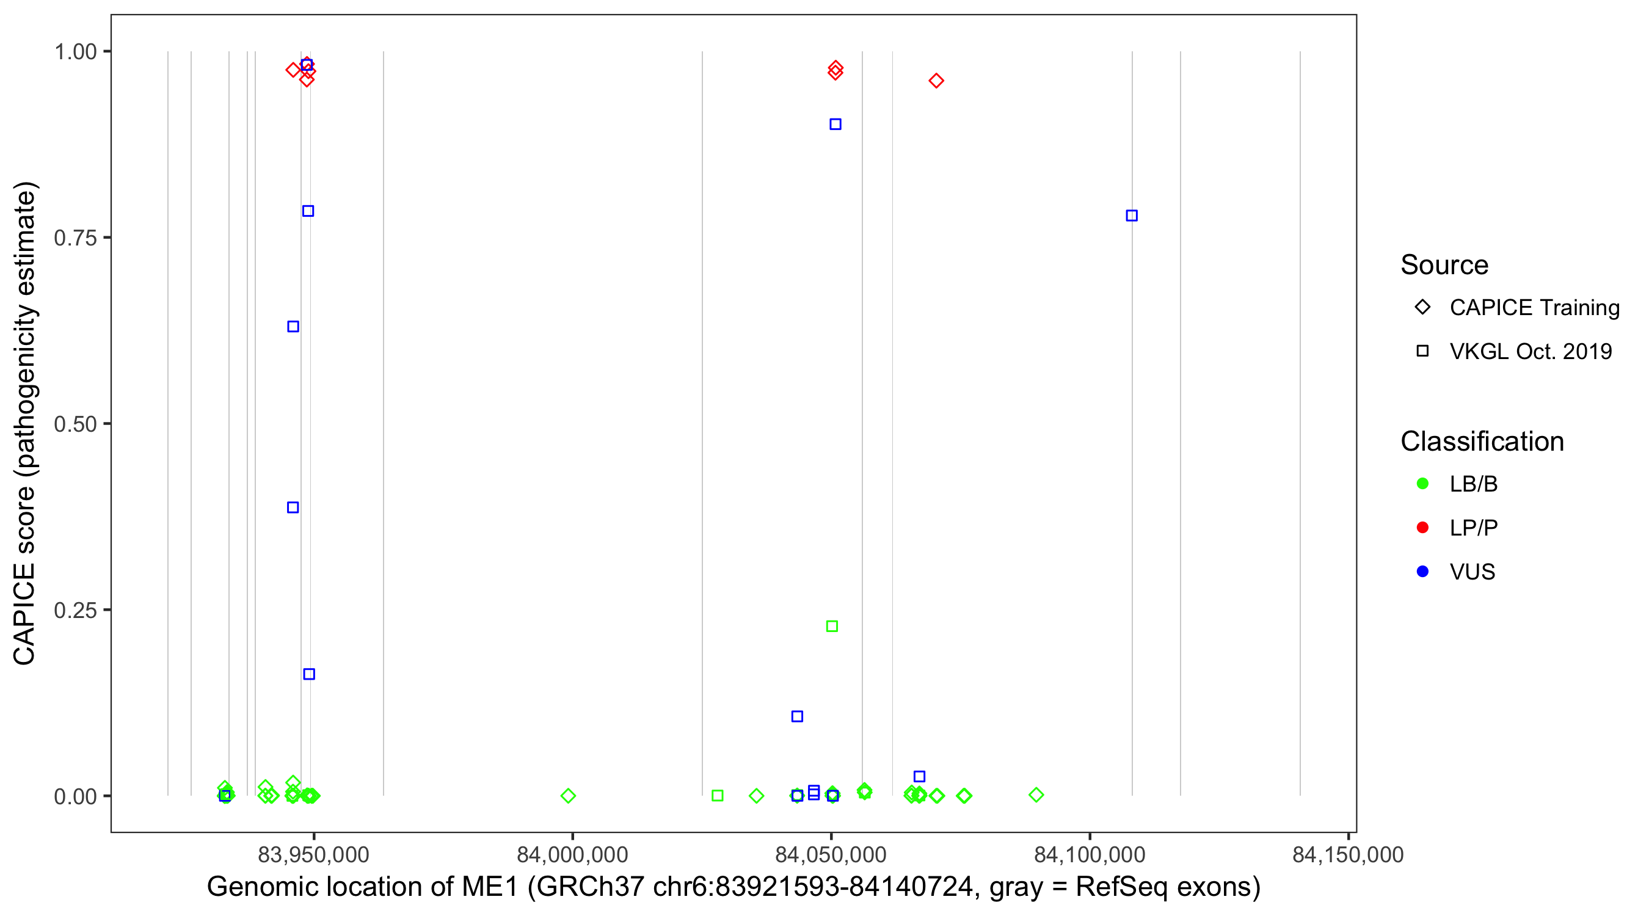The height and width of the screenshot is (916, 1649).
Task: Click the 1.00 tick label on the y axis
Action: point(75,52)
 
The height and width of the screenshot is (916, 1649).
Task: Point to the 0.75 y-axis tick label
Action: point(75,238)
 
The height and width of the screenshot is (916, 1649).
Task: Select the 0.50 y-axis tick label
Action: point(75,424)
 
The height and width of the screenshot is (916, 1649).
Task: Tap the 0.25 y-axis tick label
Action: point(75,611)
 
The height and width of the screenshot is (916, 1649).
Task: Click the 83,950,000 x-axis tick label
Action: point(313,854)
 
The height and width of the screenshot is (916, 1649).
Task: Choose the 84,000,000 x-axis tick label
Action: point(572,854)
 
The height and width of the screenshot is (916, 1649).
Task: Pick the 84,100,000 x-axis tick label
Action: point(1090,854)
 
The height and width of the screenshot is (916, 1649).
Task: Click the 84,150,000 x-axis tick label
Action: point(1348,854)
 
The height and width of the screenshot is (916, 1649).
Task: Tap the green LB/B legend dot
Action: point(1423,484)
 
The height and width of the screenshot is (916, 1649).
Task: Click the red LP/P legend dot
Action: point(1423,528)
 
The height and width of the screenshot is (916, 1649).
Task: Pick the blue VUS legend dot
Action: point(1423,572)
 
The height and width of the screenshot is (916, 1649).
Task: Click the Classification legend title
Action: point(1482,442)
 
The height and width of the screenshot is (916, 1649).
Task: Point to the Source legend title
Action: point(1444,265)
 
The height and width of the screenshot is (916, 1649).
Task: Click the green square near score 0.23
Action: point(832,626)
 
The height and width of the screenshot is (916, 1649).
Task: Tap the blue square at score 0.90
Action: point(835,124)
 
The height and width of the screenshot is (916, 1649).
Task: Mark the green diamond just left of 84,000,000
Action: point(568,796)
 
